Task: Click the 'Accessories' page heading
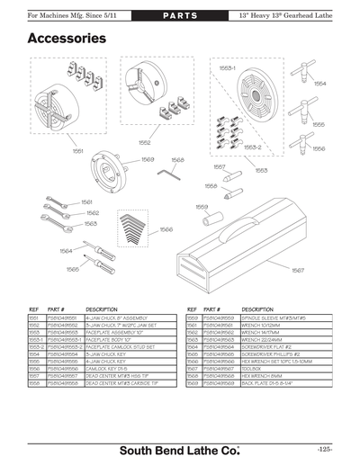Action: point(67,39)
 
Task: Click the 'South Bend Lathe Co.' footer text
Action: point(179,448)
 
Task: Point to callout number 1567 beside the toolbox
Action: point(298,269)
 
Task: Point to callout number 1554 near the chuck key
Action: point(319,83)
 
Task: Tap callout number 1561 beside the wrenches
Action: point(87,201)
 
